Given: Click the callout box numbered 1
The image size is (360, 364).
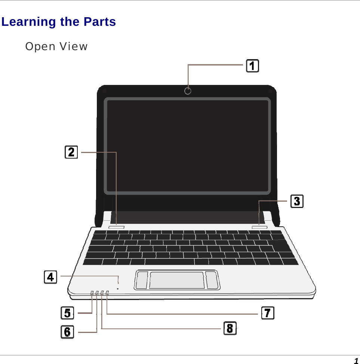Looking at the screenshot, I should [253, 66].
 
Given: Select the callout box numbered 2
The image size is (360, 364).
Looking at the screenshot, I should [71, 152].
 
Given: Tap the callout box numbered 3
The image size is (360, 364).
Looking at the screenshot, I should [297, 201].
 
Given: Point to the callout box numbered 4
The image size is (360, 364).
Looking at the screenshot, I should [50, 277].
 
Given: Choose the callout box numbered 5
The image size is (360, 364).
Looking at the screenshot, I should [67, 312].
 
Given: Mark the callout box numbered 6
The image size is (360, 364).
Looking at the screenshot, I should [67, 331].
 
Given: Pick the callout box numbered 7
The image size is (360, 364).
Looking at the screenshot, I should [267, 313].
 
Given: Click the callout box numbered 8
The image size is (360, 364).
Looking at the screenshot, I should [230, 328].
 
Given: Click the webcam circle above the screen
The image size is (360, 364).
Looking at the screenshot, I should [188, 91].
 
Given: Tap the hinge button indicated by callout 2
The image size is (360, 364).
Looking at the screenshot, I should [116, 227].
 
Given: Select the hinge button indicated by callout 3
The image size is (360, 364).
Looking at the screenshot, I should [259, 227].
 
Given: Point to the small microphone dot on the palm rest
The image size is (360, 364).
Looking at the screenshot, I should [118, 288].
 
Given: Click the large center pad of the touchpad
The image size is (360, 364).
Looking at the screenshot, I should [177, 280].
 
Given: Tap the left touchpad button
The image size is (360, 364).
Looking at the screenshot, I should [142, 280].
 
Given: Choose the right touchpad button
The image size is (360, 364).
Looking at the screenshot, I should [212, 280].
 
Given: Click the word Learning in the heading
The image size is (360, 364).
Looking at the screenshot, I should [28, 22].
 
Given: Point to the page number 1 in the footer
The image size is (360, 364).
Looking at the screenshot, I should [356, 361].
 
